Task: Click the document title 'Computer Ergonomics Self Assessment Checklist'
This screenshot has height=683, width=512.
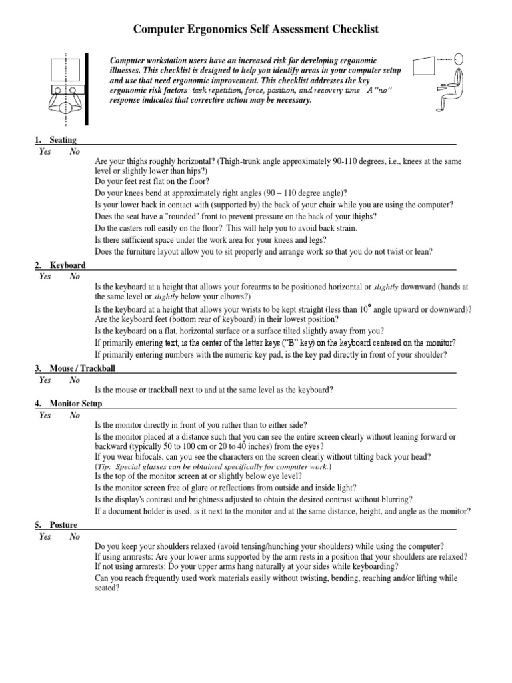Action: [x=257, y=29]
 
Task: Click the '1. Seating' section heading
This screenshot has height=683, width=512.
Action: [x=56, y=140]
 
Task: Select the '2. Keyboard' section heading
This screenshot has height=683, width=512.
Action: [x=60, y=265]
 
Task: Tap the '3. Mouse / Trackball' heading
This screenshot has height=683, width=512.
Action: [x=79, y=368]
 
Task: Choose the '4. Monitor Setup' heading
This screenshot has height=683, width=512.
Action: [x=69, y=404]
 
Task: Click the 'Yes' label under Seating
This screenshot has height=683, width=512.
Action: [x=45, y=151]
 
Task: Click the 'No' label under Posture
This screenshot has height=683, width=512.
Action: [x=75, y=536]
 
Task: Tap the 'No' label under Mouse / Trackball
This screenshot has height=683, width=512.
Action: [x=75, y=380]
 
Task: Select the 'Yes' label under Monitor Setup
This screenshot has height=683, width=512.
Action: [x=45, y=415]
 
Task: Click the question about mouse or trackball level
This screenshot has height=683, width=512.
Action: [x=214, y=389]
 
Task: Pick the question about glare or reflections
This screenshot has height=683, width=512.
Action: [x=225, y=488]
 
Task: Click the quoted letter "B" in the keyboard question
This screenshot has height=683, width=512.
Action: [x=291, y=342]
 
